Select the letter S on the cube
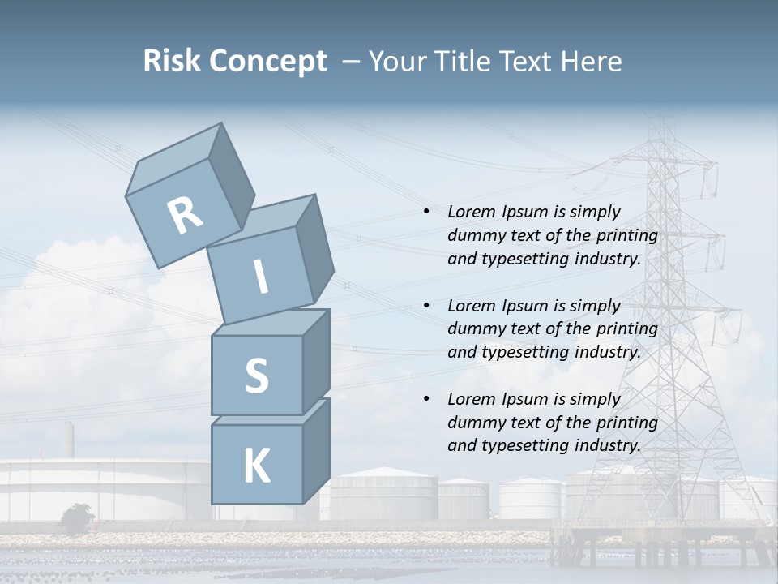coord(256,375)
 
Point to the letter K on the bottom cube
coord(256,466)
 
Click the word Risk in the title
coord(174,62)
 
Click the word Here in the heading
coord(591,62)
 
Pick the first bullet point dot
coord(426,212)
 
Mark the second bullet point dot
coord(426,306)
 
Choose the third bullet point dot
coord(426,399)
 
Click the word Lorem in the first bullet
coord(469,212)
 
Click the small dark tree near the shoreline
coord(76,517)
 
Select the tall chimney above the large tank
coord(70,440)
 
